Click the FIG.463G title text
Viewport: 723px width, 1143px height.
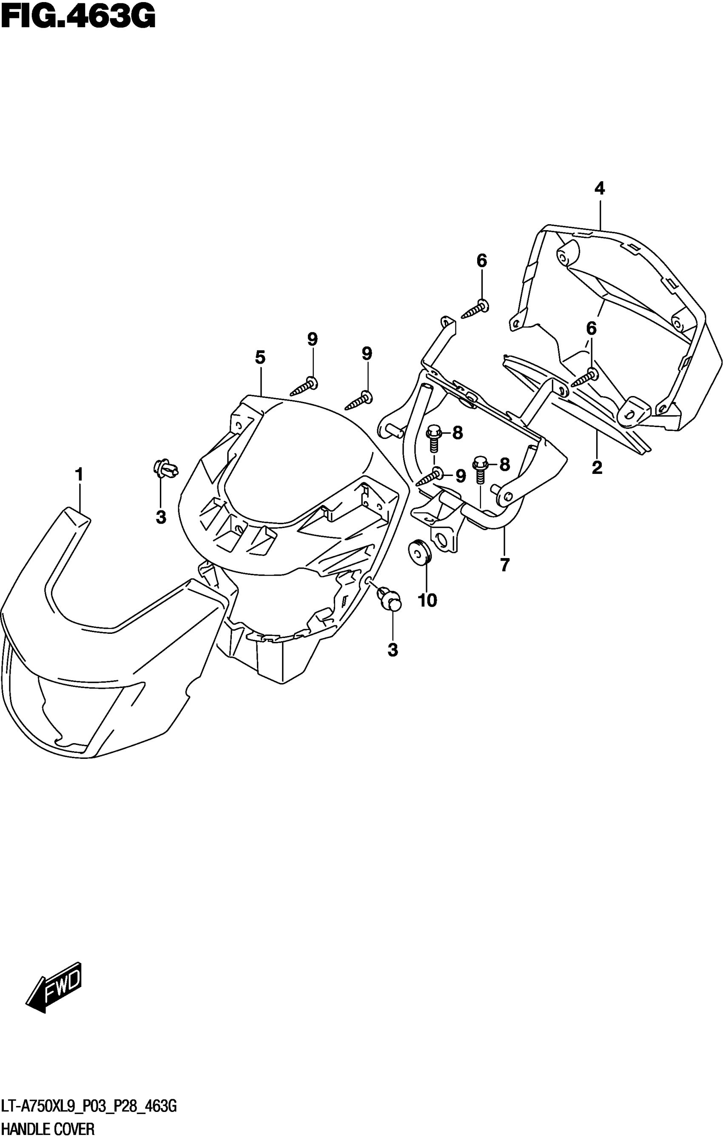point(78,17)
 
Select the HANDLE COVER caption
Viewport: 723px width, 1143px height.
point(48,1128)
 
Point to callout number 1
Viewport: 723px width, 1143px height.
point(79,474)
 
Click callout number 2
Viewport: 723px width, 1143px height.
point(597,467)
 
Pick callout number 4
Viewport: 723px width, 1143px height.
point(600,188)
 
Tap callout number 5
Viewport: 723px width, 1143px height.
point(260,357)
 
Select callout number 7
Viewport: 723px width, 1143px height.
point(504,564)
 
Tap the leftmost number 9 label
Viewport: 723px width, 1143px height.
point(312,339)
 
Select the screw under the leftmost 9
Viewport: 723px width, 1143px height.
point(304,386)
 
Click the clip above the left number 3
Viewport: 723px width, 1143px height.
point(164,467)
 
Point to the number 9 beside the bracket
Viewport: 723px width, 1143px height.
point(460,476)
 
